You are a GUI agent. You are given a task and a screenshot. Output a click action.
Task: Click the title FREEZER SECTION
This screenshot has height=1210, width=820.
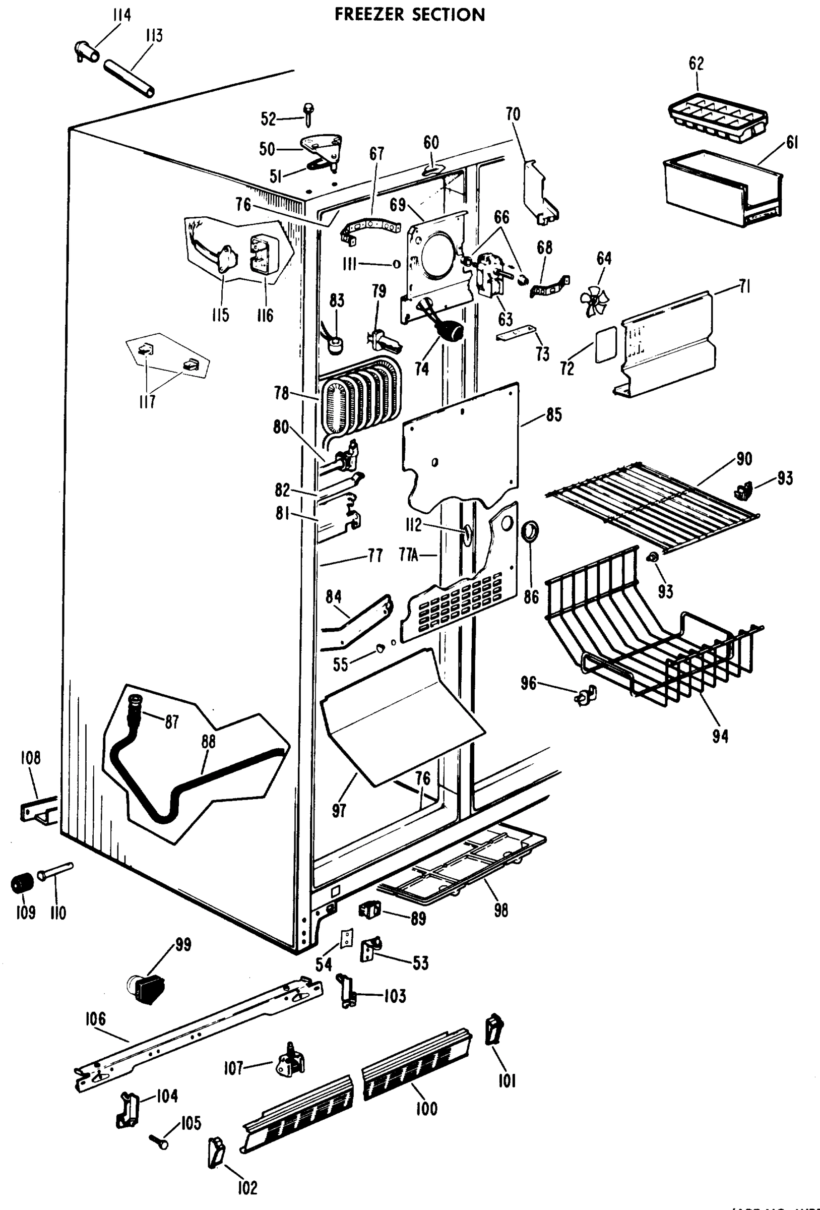pos(410,15)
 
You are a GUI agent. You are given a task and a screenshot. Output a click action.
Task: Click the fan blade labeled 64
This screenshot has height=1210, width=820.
pos(594,301)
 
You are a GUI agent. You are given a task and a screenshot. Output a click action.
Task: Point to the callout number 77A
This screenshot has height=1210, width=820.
pos(409,556)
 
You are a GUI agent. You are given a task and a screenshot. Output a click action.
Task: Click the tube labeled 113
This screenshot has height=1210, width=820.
pos(129,78)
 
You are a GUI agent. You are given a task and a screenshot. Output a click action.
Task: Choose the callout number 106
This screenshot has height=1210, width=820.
pos(95,1019)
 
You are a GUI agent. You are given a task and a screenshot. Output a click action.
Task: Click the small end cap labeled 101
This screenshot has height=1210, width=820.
pos(492,1029)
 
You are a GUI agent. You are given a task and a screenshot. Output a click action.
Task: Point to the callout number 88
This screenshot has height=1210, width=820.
pos(208,742)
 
